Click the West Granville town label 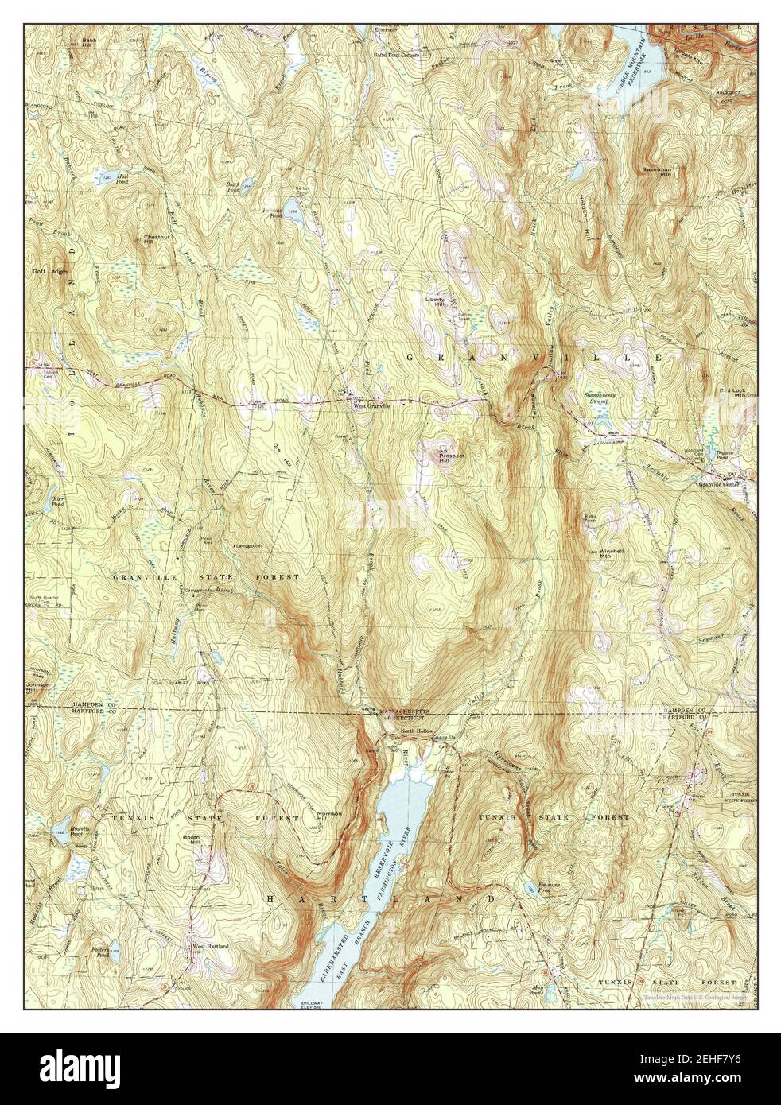point(371,407)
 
